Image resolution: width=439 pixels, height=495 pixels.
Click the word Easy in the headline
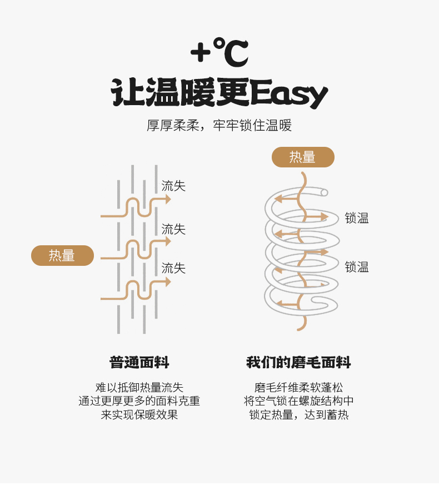click(x=288, y=93)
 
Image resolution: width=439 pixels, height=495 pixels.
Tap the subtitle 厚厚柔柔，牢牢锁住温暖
click(x=219, y=125)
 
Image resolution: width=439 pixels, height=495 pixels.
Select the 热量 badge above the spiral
click(x=303, y=157)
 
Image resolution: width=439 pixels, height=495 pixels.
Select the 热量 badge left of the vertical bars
click(x=62, y=255)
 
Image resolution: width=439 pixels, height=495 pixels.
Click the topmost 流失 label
click(x=173, y=186)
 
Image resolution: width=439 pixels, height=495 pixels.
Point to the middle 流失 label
click(x=173, y=229)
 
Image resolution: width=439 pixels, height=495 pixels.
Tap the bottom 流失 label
click(x=173, y=268)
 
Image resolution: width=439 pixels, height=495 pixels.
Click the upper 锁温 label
click(x=357, y=218)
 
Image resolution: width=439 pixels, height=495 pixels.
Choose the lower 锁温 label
click(x=357, y=267)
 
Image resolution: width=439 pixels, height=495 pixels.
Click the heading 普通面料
click(x=139, y=363)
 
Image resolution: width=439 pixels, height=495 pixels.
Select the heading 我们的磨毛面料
click(x=298, y=363)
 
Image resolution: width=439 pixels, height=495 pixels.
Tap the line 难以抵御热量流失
click(x=139, y=387)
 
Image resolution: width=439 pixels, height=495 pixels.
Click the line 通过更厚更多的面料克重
click(x=139, y=401)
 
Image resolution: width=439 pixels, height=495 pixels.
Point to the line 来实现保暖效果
click(x=139, y=415)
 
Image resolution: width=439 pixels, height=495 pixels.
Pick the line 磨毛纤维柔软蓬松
click(x=298, y=387)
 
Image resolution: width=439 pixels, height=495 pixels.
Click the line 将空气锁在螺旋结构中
click(x=298, y=401)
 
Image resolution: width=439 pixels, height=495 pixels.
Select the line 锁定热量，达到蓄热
click(x=298, y=415)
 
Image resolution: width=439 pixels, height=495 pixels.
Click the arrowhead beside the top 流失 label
click(x=168, y=199)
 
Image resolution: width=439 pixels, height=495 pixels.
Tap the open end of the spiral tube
click(x=325, y=192)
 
